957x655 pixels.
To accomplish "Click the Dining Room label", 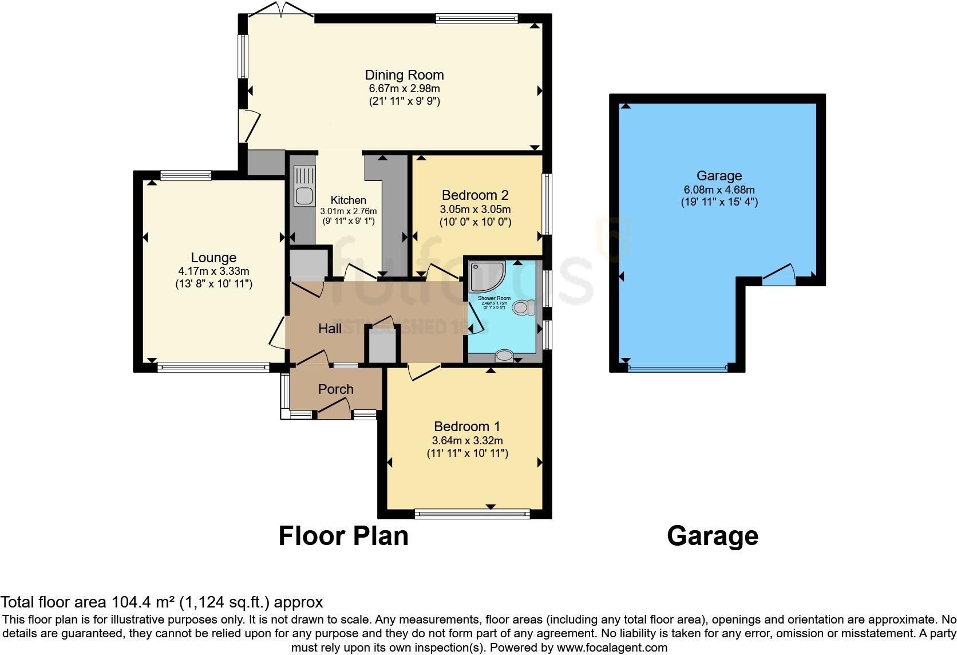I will point(404,75).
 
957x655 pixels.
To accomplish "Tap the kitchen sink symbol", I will point(304,186).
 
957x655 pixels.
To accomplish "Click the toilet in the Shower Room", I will point(524,307).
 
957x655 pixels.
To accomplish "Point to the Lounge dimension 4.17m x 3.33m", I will point(213,271).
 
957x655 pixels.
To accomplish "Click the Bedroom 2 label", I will point(475,195).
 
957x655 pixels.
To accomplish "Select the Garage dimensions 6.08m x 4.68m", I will point(719,190).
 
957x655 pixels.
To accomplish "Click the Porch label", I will point(335,389).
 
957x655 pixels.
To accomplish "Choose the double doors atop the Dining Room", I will point(280,10).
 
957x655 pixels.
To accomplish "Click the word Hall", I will point(330,329).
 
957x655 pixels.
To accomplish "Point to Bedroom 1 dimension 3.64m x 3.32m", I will point(467,440).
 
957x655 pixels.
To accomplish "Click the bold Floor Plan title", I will point(343,536).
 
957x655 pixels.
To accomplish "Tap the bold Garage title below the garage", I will point(713,536).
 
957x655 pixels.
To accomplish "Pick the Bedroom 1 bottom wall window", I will point(472,514).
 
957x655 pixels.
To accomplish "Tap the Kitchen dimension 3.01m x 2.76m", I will point(348,211).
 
